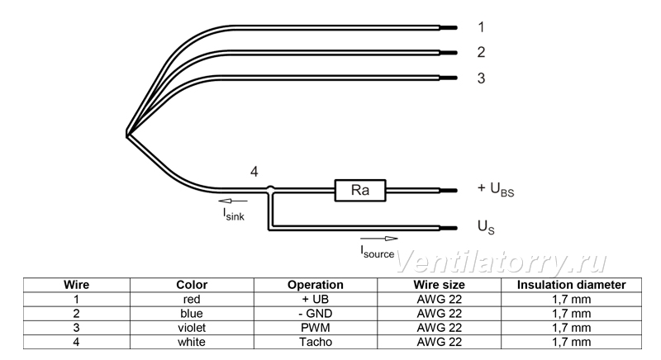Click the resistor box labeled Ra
coord(360,190)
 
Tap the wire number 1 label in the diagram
coord(481,27)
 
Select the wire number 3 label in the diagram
coord(481,78)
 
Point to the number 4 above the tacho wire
coord(254,172)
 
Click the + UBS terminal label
coord(496,189)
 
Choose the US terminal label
coord(486,227)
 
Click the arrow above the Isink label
coord(233,201)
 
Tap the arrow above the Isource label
coord(379,239)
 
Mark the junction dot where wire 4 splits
coord(271,189)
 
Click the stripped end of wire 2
coord(449,53)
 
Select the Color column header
coord(192,285)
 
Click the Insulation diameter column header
coord(571,285)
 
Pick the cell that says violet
coord(192,328)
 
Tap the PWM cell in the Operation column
coord(316,328)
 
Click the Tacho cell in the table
coord(316,342)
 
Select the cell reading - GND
coord(316,314)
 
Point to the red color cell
coord(192,300)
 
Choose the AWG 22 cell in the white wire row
coord(440,342)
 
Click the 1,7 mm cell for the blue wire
coord(571,314)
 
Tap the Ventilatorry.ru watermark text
coord(502,263)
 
